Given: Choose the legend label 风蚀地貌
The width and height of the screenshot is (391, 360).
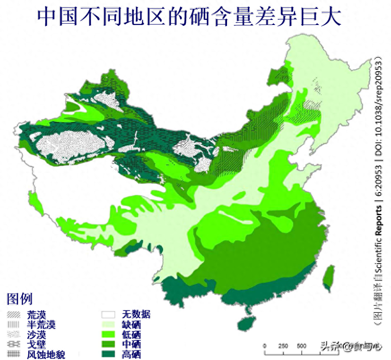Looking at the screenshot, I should (46, 355).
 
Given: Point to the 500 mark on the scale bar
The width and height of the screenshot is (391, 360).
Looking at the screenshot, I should (301, 346).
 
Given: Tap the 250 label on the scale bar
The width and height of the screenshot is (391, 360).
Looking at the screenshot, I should (283, 346).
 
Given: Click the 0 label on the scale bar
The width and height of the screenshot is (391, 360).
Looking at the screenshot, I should (265, 346).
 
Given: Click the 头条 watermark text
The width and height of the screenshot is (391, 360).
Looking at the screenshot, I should (330, 346).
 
